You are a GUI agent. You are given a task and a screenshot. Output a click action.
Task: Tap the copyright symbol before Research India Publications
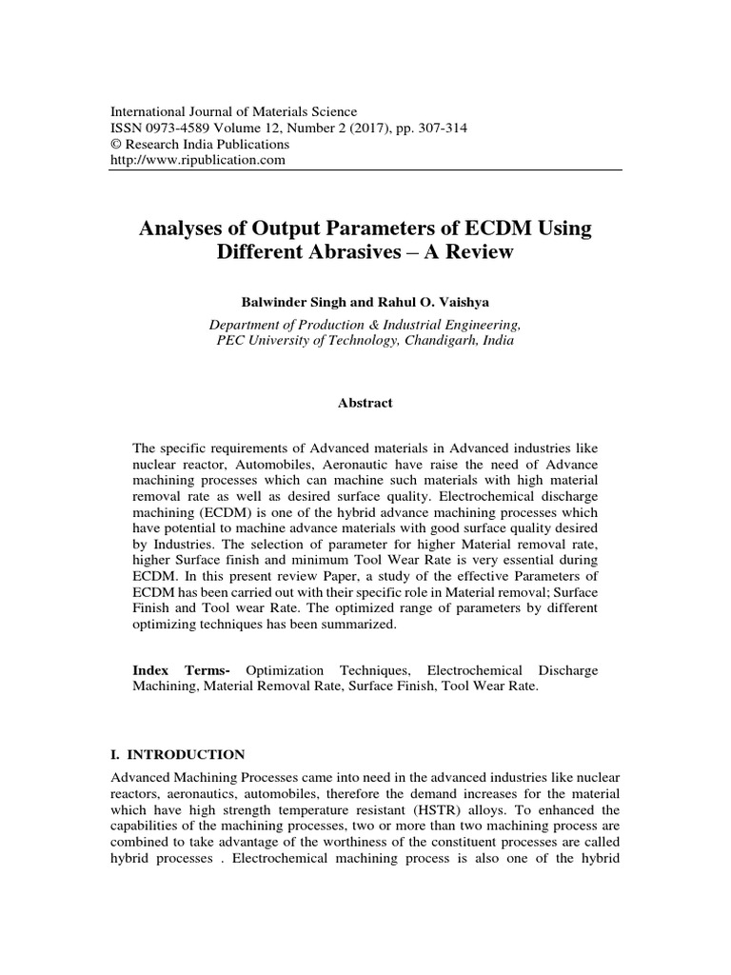click(118, 145)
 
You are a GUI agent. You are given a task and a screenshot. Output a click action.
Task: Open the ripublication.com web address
click(199, 160)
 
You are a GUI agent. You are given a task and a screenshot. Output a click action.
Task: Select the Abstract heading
click(365, 403)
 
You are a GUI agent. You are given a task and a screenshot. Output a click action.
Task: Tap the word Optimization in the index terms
click(286, 670)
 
